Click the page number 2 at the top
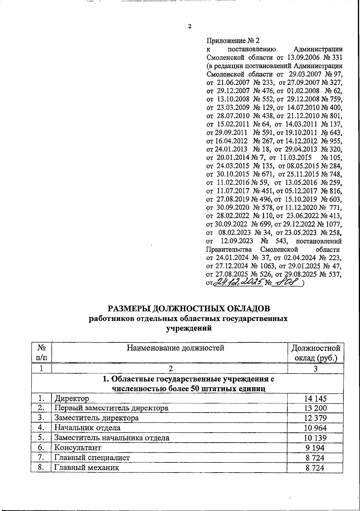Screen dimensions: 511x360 pos(189,26)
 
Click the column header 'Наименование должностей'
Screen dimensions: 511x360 pos(175,348)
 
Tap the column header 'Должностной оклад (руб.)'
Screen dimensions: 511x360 pos(316,353)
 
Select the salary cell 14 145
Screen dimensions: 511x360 pos(314,398)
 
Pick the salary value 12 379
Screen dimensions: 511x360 pos(314,418)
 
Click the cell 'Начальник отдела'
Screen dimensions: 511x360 pos(87,428)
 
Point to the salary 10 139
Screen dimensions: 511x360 pos(314,438)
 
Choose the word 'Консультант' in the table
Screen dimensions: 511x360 pos(77,448)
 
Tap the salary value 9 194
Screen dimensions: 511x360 pos(314,448)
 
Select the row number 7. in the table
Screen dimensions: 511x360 pos(41,458)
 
